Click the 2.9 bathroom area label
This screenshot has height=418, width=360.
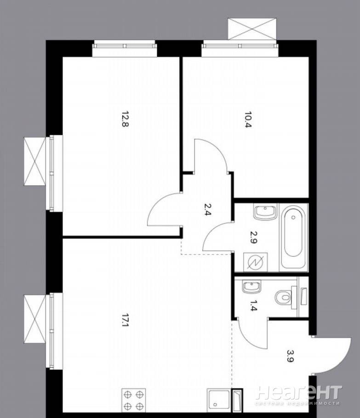pyautogui.click(x=253, y=237)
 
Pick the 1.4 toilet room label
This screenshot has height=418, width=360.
pyautogui.click(x=253, y=305)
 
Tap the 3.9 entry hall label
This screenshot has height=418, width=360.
pyautogui.click(x=291, y=356)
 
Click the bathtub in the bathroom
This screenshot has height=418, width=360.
pyautogui.click(x=293, y=237)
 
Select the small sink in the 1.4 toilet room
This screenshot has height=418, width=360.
pyautogui.click(x=251, y=287)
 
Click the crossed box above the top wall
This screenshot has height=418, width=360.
pyautogui.click(x=252, y=29)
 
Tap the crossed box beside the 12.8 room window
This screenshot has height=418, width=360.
pyautogui.click(x=35, y=161)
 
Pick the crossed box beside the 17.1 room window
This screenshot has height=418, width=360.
pyautogui.click(x=35, y=319)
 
